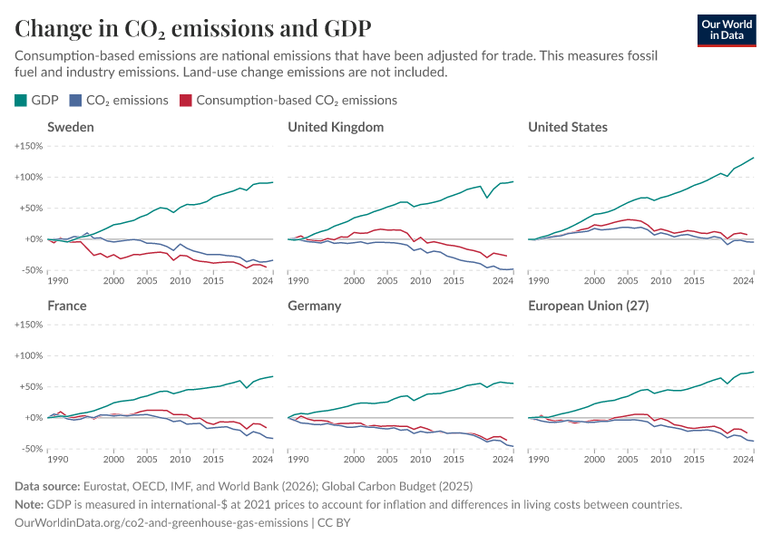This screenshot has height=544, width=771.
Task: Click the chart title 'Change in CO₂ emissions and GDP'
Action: tap(192, 28)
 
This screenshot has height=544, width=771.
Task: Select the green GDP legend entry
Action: tap(39, 101)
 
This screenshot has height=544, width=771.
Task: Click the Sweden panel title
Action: tap(71, 127)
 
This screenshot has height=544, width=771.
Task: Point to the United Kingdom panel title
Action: tap(336, 127)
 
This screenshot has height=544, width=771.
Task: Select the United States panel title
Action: tap(568, 127)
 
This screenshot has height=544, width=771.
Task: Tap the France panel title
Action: tap(67, 306)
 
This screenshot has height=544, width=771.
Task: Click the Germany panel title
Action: tap(314, 306)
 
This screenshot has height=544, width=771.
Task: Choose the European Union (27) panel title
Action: tap(589, 306)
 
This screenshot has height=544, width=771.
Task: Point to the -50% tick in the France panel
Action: tap(31, 449)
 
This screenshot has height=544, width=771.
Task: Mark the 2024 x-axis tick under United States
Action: tap(744, 281)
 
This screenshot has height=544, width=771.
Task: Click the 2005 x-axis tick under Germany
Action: tap(386, 460)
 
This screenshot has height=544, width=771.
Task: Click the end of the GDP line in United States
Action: tap(754, 158)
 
